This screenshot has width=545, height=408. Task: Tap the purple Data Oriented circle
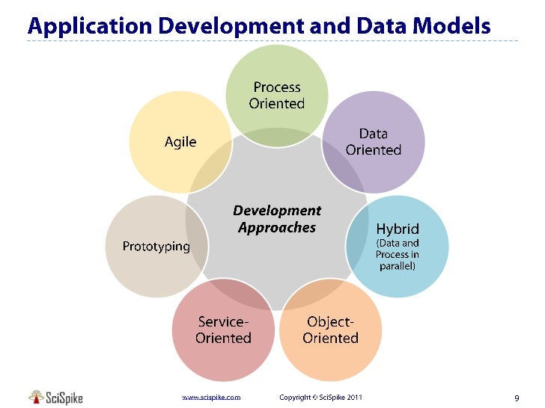374,142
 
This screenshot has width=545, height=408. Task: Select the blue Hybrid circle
398,247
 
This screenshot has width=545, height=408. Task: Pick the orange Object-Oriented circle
331,330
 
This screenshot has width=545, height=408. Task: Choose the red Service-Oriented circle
223,330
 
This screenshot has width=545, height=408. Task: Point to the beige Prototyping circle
156,247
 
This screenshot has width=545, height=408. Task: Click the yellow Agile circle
180,142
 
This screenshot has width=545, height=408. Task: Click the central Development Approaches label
277,219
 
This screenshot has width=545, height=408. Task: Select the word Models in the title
454,27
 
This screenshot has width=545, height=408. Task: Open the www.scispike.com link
212,398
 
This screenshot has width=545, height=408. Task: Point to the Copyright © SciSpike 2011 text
320,398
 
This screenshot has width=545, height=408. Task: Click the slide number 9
517,398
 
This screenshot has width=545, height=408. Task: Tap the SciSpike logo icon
37,397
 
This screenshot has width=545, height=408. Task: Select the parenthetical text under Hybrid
398,254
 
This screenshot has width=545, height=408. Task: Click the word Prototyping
156,247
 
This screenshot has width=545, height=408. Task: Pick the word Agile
180,142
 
